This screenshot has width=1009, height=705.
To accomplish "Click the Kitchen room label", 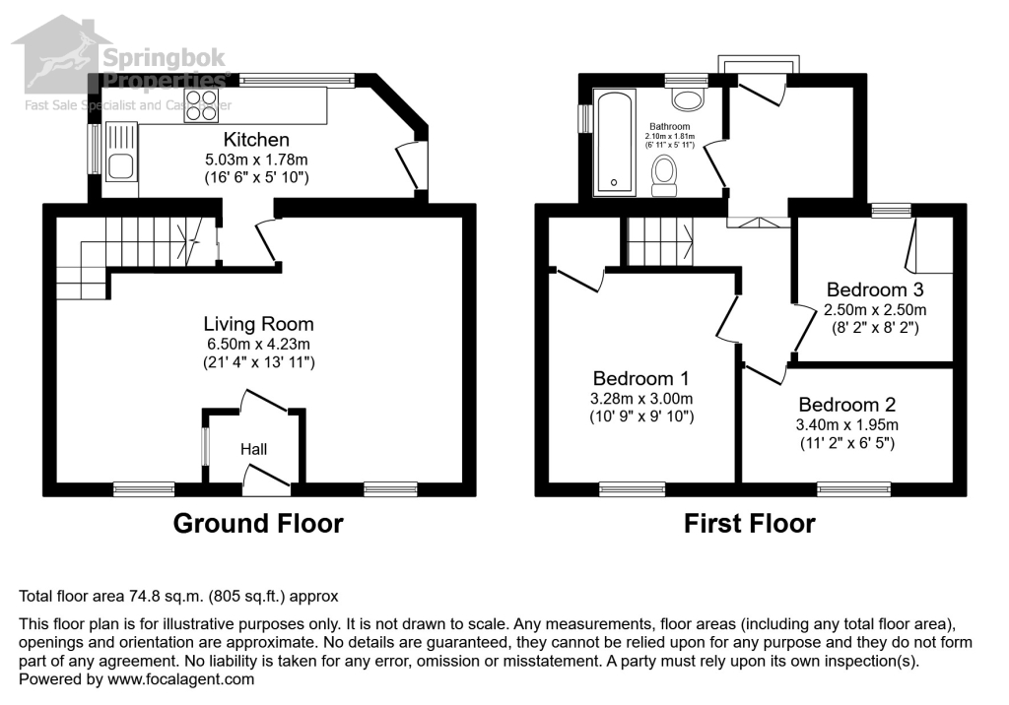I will pos(256,140).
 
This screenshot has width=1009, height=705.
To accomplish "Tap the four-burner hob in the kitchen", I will pos(200,104).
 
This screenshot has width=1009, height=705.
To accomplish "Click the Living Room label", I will pos(258,324).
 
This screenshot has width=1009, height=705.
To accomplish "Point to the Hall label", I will pos(254,449).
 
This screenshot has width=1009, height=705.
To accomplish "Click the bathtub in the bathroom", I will pos(615,141).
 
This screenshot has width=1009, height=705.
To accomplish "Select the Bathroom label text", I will pos(671,127).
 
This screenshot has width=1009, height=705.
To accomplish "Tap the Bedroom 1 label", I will pos(640,378).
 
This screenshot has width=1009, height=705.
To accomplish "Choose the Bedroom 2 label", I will pos(846,405).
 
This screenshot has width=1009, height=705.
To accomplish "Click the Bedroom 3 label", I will pos(875,289).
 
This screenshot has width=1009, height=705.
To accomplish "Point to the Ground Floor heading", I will pos(258,523).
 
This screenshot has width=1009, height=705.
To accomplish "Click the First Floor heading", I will pos(750,523).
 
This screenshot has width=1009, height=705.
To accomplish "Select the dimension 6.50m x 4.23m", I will pos(258,344).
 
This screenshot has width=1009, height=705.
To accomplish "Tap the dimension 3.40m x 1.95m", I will pos(846,424).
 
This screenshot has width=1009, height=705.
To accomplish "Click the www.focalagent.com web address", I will pos(179,678).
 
